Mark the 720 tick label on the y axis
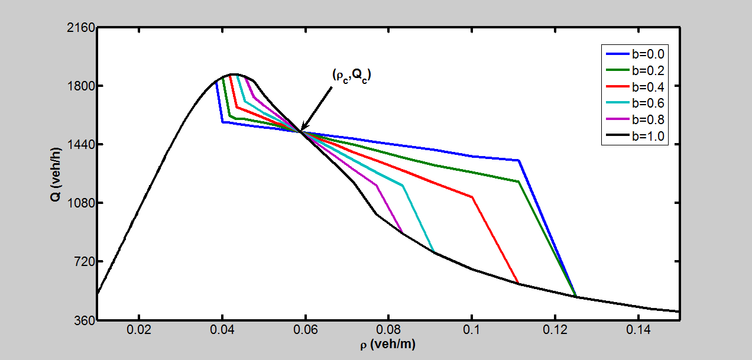tap(81, 262)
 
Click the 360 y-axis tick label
tap(81, 320)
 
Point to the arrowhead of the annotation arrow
tap(302, 129)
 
